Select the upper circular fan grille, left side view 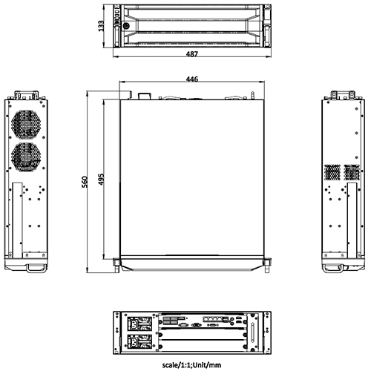click(27, 125)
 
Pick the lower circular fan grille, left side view click(27, 156)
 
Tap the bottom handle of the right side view click(341, 263)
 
